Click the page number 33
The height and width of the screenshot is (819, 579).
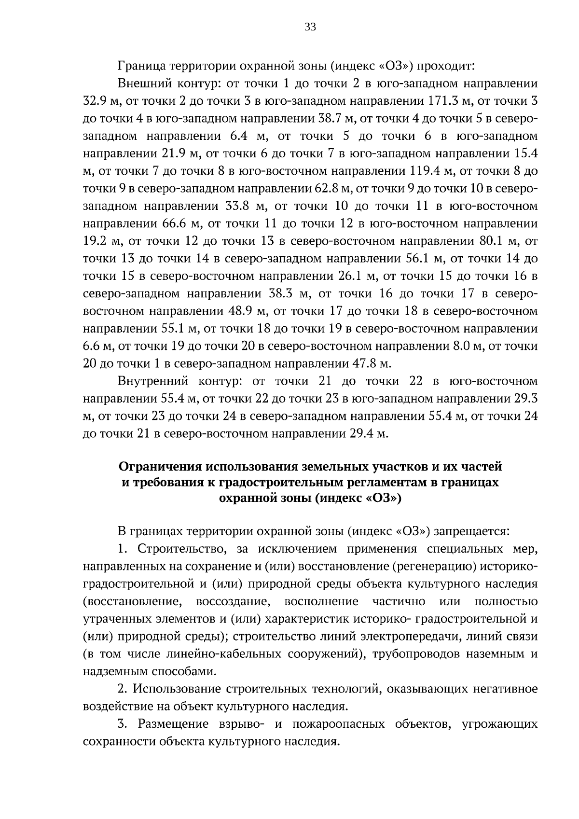tap(310, 28)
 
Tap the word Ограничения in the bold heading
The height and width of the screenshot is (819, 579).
tap(161, 467)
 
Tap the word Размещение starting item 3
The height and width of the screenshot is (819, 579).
tap(173, 724)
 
